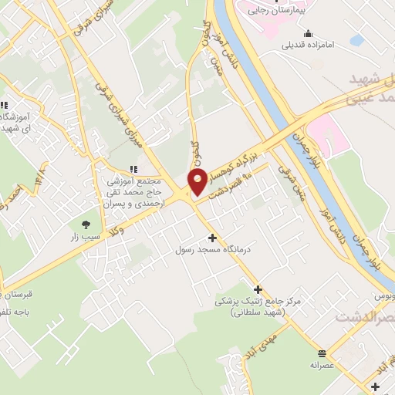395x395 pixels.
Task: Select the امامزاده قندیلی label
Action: tap(309, 46)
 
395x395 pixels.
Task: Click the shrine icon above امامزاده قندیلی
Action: tap(309, 33)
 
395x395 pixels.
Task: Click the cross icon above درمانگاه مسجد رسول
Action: tap(212, 238)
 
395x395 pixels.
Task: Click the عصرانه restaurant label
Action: tap(321, 364)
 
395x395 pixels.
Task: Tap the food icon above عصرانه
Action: tap(321, 351)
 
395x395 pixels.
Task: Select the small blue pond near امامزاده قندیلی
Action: tap(356, 39)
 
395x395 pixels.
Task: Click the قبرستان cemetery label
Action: tap(21, 295)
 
